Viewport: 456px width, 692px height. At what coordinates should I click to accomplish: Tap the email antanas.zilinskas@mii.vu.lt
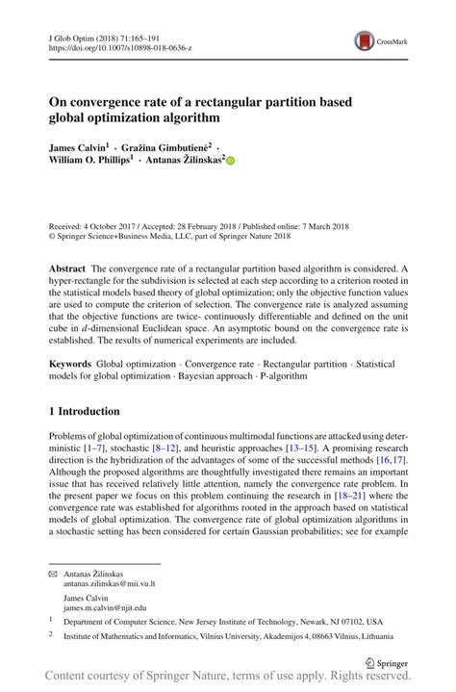coord(112,583)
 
